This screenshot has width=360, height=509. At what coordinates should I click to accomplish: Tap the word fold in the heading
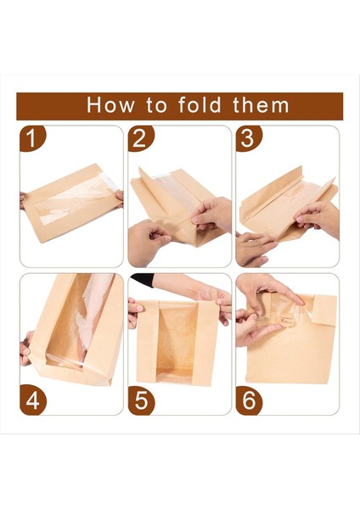point(200,105)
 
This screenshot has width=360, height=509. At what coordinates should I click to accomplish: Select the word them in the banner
point(261,105)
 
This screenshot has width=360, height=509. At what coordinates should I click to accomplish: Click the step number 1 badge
point(32,138)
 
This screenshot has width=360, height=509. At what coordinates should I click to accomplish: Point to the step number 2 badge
point(140,138)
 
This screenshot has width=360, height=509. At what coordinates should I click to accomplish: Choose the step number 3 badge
point(248,138)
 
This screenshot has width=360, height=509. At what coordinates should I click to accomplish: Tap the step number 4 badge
point(32,400)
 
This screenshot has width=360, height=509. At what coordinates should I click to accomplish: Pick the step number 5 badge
point(141,400)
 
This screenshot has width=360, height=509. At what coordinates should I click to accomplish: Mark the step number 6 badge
point(249,400)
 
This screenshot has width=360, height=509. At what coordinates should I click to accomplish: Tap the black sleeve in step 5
point(142,280)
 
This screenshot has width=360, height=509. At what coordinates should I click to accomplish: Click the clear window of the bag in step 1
point(74,199)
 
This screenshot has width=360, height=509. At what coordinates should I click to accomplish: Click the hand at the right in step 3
point(317,217)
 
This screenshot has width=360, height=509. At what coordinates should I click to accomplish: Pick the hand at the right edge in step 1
point(120,199)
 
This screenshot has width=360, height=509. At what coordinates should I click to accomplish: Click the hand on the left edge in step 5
point(134,312)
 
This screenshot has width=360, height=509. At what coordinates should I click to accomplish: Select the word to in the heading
point(156,106)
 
